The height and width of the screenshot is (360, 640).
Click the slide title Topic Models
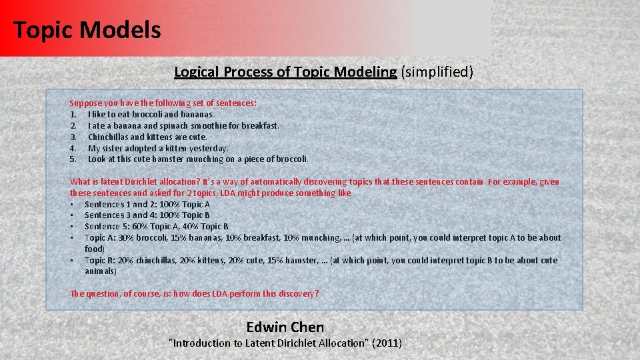coord(87,30)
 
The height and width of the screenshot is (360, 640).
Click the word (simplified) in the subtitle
coord(437,71)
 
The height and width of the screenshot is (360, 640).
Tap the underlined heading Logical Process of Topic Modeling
coord(285,71)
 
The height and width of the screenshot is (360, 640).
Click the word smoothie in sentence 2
coord(207,125)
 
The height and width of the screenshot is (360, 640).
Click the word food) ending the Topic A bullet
coord(95,249)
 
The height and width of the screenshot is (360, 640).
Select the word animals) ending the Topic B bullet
coord(101,271)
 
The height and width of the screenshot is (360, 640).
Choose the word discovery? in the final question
coord(297,294)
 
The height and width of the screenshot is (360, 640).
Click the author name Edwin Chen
coord(285,327)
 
